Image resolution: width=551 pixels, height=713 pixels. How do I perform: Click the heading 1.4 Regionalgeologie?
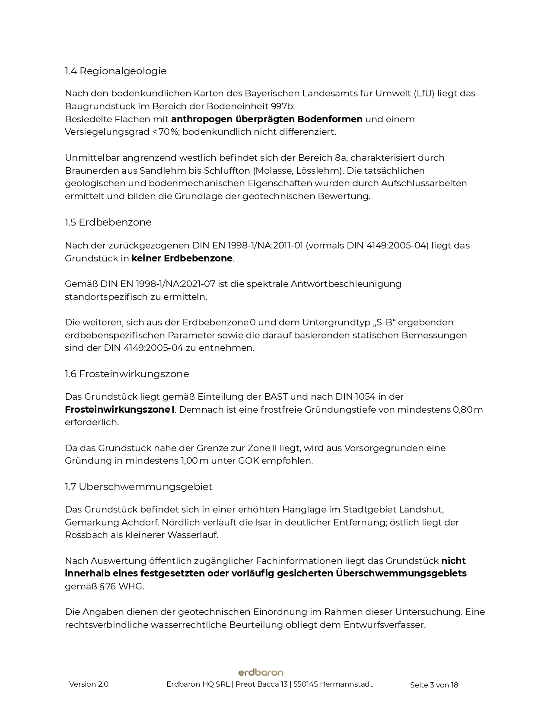pos(115,71)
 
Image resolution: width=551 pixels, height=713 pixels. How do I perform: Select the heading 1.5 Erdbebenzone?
pos(108,222)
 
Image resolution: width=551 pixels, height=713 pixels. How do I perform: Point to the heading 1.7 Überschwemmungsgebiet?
pos(138,487)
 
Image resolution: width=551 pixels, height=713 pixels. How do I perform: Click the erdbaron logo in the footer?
pos(261,672)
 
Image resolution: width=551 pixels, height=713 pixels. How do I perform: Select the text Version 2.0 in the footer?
pos(89,684)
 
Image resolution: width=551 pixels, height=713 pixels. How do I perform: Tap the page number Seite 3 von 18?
pos(434,685)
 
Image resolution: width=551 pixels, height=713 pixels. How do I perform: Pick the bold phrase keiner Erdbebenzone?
pos(182,258)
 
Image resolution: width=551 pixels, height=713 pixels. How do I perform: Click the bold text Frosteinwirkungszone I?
pos(120,409)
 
